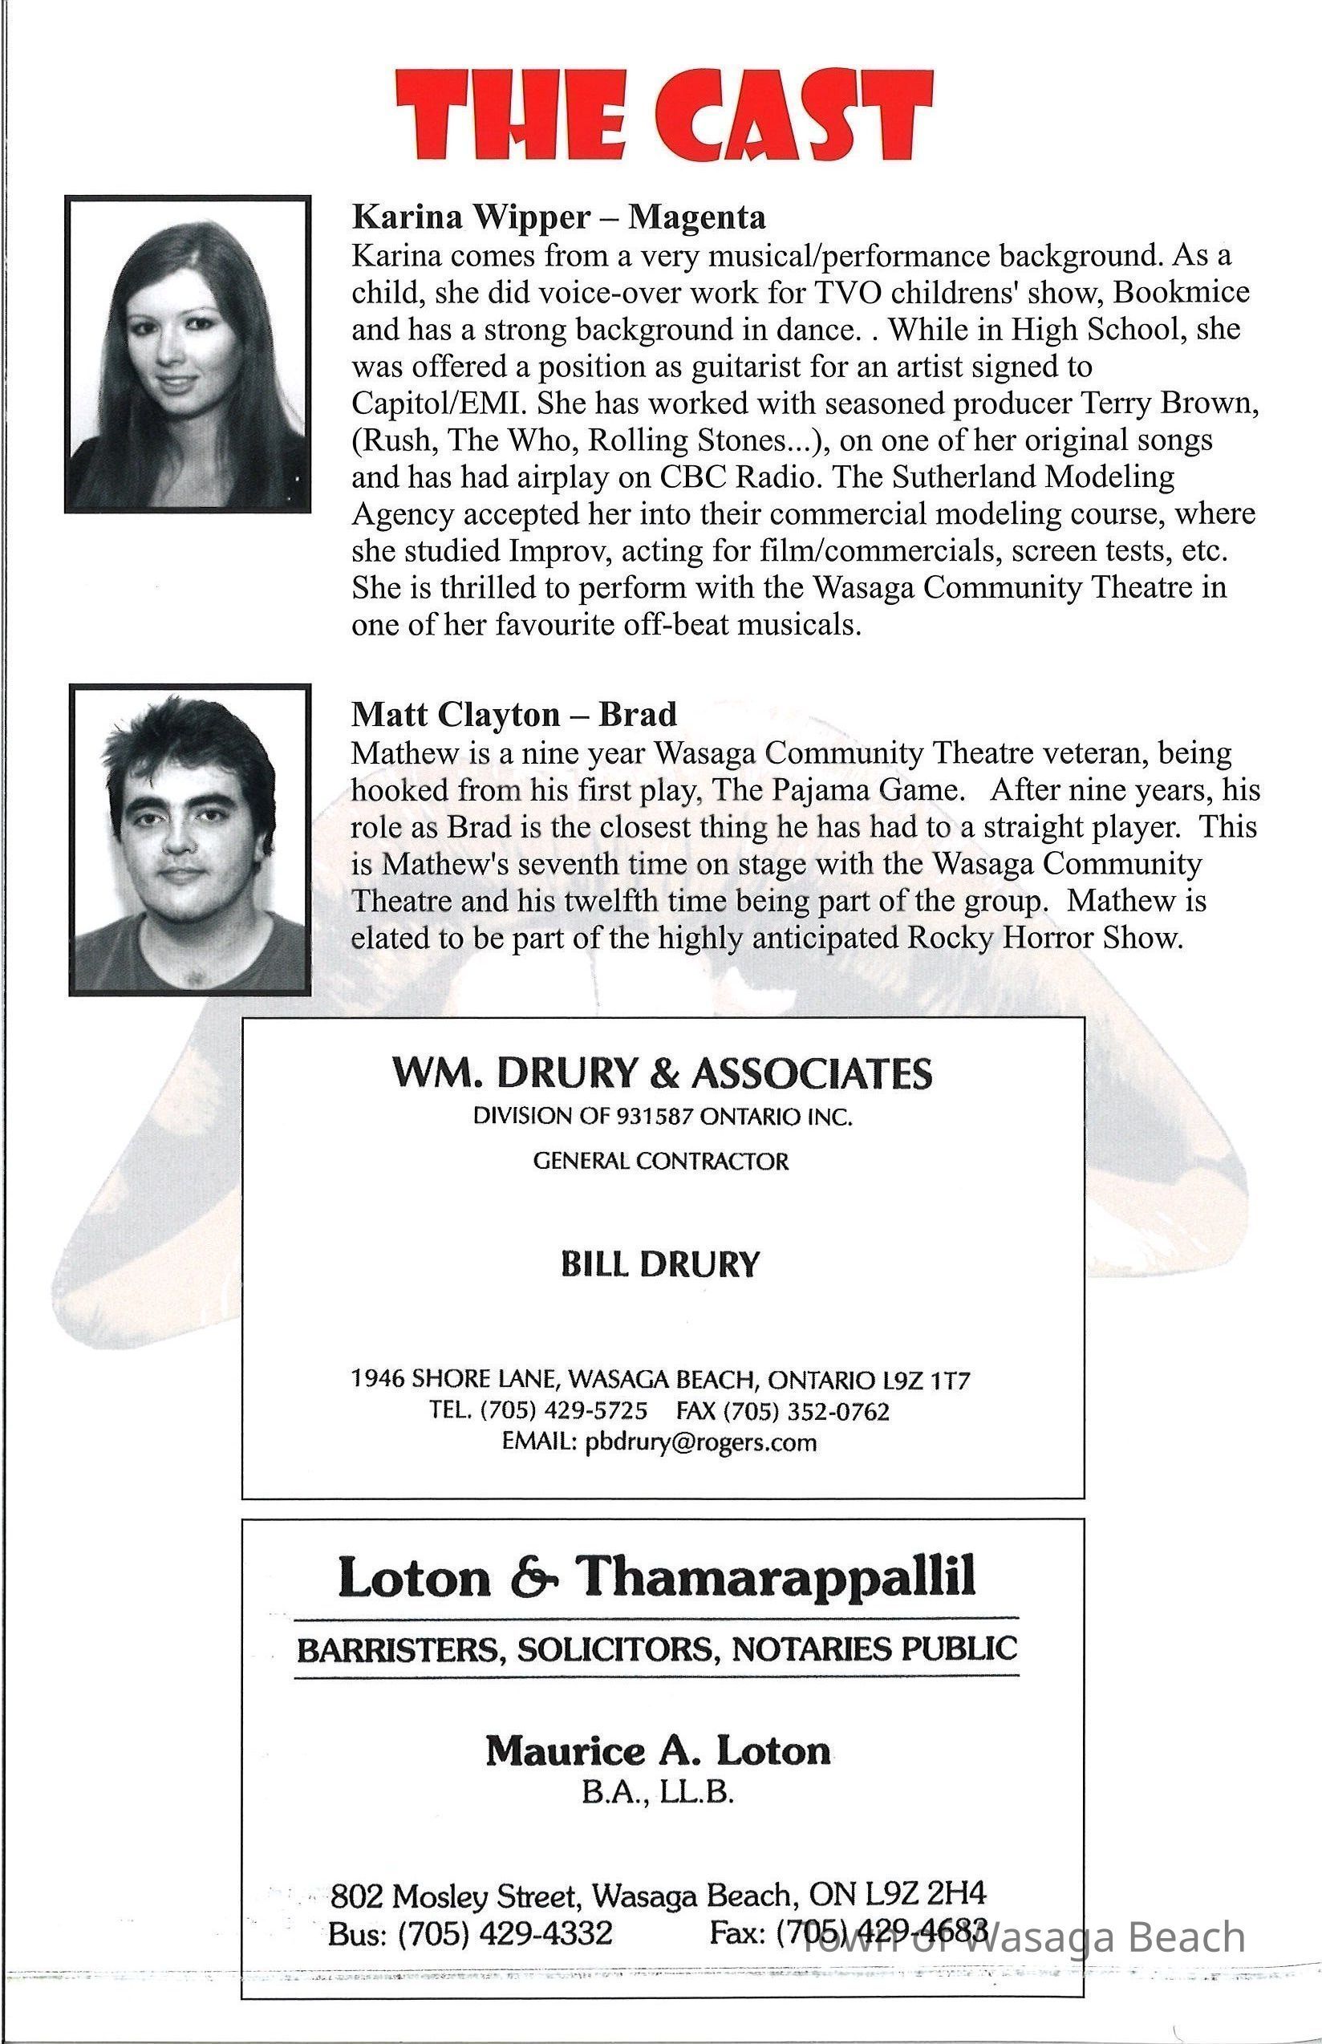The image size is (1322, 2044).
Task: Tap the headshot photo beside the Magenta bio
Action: coord(187,354)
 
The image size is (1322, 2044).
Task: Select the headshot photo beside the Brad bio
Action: coord(189,840)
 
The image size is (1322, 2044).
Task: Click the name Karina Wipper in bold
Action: coord(470,217)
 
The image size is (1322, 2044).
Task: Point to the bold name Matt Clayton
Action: coord(454,714)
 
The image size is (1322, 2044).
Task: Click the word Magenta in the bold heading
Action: coord(696,217)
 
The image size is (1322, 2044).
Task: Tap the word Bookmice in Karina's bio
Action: coord(1181,292)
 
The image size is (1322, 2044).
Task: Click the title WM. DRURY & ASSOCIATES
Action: coord(662,1073)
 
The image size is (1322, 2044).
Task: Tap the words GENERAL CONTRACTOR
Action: coord(661,1162)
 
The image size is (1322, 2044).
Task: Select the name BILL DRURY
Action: coord(660,1264)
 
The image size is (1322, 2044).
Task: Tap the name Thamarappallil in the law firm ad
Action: coord(776,1576)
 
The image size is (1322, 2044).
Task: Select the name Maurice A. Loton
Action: coord(659,1751)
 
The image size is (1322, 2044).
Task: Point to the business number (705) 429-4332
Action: coord(505,1933)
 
